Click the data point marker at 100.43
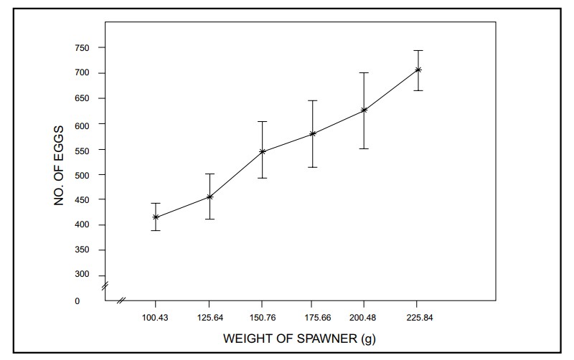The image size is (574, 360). pyautogui.click(x=156, y=217)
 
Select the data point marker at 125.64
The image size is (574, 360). pyautogui.click(x=210, y=196)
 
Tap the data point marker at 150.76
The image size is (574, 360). pyautogui.click(x=263, y=151)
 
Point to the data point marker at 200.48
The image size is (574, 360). pyautogui.click(x=364, y=110)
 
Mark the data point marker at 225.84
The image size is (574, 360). pyautogui.click(x=418, y=70)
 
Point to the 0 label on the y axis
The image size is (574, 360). pyautogui.click(x=77, y=301)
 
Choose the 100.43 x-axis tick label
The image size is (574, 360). pyautogui.click(x=156, y=317)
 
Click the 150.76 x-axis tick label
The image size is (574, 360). pyautogui.click(x=263, y=317)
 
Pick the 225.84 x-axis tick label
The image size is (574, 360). pyautogui.click(x=418, y=317)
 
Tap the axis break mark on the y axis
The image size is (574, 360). pyautogui.click(x=105, y=286)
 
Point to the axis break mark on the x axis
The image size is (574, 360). pyautogui.click(x=122, y=299)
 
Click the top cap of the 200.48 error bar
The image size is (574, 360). pyautogui.click(x=364, y=72)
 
